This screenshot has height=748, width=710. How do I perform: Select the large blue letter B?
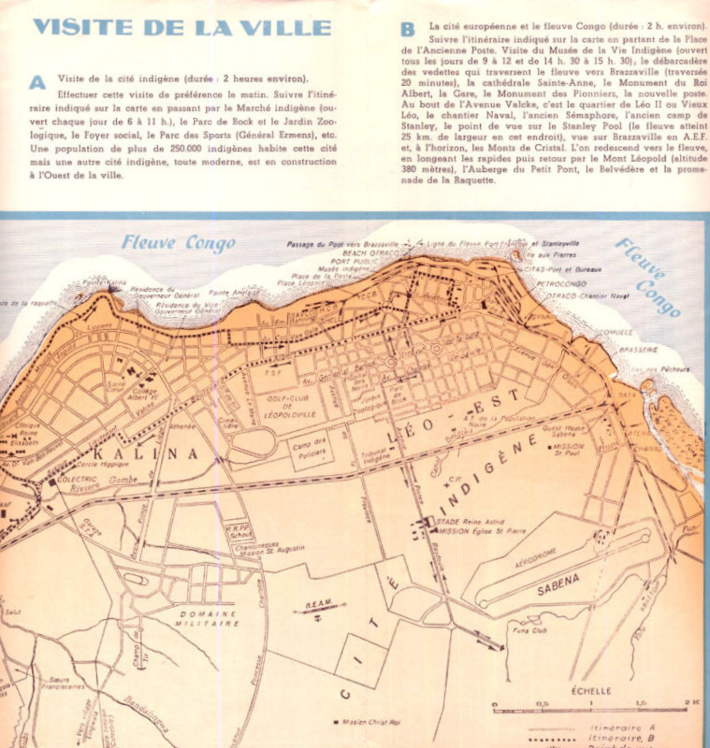408,29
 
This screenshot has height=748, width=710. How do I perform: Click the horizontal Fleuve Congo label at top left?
178,245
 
